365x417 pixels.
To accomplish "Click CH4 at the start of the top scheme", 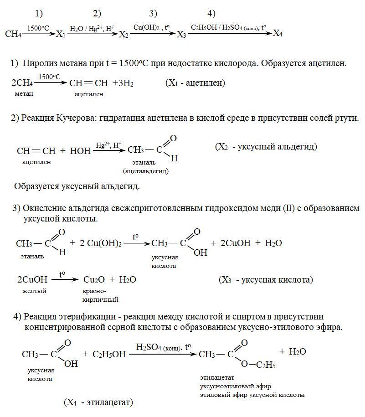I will coord(13,34).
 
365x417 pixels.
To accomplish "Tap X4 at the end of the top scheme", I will coord(278,33).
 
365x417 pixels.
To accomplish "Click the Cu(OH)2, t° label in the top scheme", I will coord(152,27).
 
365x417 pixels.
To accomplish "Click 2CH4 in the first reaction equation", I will coord(21,83).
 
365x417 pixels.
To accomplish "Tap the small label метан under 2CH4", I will coord(25,93).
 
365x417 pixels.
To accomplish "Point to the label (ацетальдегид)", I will coord(145,171).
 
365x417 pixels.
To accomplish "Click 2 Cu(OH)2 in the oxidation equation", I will coord(101,243).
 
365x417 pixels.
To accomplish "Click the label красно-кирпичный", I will coord(100,295).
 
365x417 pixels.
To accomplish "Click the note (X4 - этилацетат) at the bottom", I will coord(98,402).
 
